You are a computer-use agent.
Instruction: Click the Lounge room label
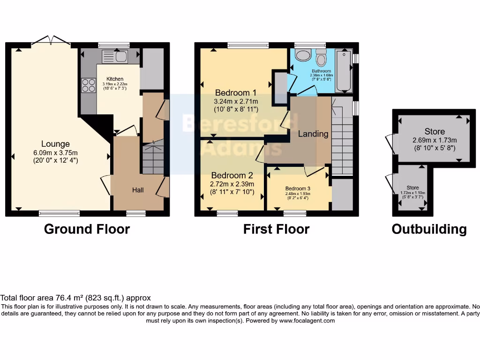55,144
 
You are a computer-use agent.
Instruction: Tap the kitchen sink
114,57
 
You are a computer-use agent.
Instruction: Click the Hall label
138,190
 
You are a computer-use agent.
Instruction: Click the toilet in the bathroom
321,59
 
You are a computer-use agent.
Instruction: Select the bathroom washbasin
303,55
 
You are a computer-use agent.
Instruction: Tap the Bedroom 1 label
236,92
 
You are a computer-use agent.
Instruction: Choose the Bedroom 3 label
298,188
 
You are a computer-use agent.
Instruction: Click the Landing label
313,134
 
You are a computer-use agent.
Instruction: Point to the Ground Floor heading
87,229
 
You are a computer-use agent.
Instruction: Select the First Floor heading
276,229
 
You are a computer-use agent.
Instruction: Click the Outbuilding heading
429,229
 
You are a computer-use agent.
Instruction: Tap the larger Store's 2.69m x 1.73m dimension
435,140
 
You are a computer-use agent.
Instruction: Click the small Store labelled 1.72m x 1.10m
412,190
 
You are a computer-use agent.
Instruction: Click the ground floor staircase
153,157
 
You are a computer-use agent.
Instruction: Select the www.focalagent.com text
307,321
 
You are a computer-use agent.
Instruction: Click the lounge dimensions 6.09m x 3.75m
55,152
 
